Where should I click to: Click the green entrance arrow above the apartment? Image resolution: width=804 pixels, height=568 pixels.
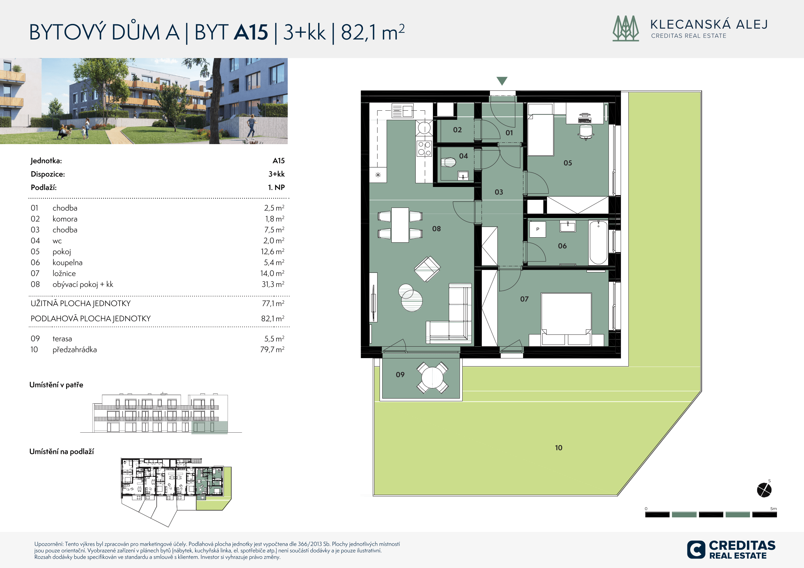(x=502, y=81)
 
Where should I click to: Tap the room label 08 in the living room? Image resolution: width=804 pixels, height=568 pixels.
(x=436, y=228)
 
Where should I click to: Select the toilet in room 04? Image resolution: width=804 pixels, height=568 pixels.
(x=448, y=162)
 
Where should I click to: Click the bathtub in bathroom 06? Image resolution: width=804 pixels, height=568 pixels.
(x=598, y=242)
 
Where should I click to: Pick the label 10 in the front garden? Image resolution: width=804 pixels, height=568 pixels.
(x=559, y=448)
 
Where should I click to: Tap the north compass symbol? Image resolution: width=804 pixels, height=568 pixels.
(x=764, y=489)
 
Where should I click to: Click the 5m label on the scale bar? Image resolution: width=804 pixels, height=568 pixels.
(x=774, y=509)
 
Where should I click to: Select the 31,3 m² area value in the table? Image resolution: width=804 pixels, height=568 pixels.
(x=273, y=284)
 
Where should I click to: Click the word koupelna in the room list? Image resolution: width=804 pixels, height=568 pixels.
(x=68, y=263)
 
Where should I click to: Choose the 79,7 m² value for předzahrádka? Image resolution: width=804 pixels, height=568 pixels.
(x=272, y=349)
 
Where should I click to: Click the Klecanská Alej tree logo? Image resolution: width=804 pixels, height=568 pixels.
(x=625, y=28)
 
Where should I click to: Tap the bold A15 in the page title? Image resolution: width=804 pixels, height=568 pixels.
(x=251, y=32)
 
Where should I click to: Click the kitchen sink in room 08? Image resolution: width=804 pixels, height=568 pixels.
(x=403, y=111)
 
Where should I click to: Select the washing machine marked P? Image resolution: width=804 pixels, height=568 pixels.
(x=537, y=229)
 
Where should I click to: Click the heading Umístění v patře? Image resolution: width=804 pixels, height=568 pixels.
(x=56, y=385)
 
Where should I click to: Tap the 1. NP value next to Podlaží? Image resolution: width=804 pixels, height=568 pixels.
(x=276, y=187)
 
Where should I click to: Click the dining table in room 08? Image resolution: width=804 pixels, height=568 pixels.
(x=400, y=225)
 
